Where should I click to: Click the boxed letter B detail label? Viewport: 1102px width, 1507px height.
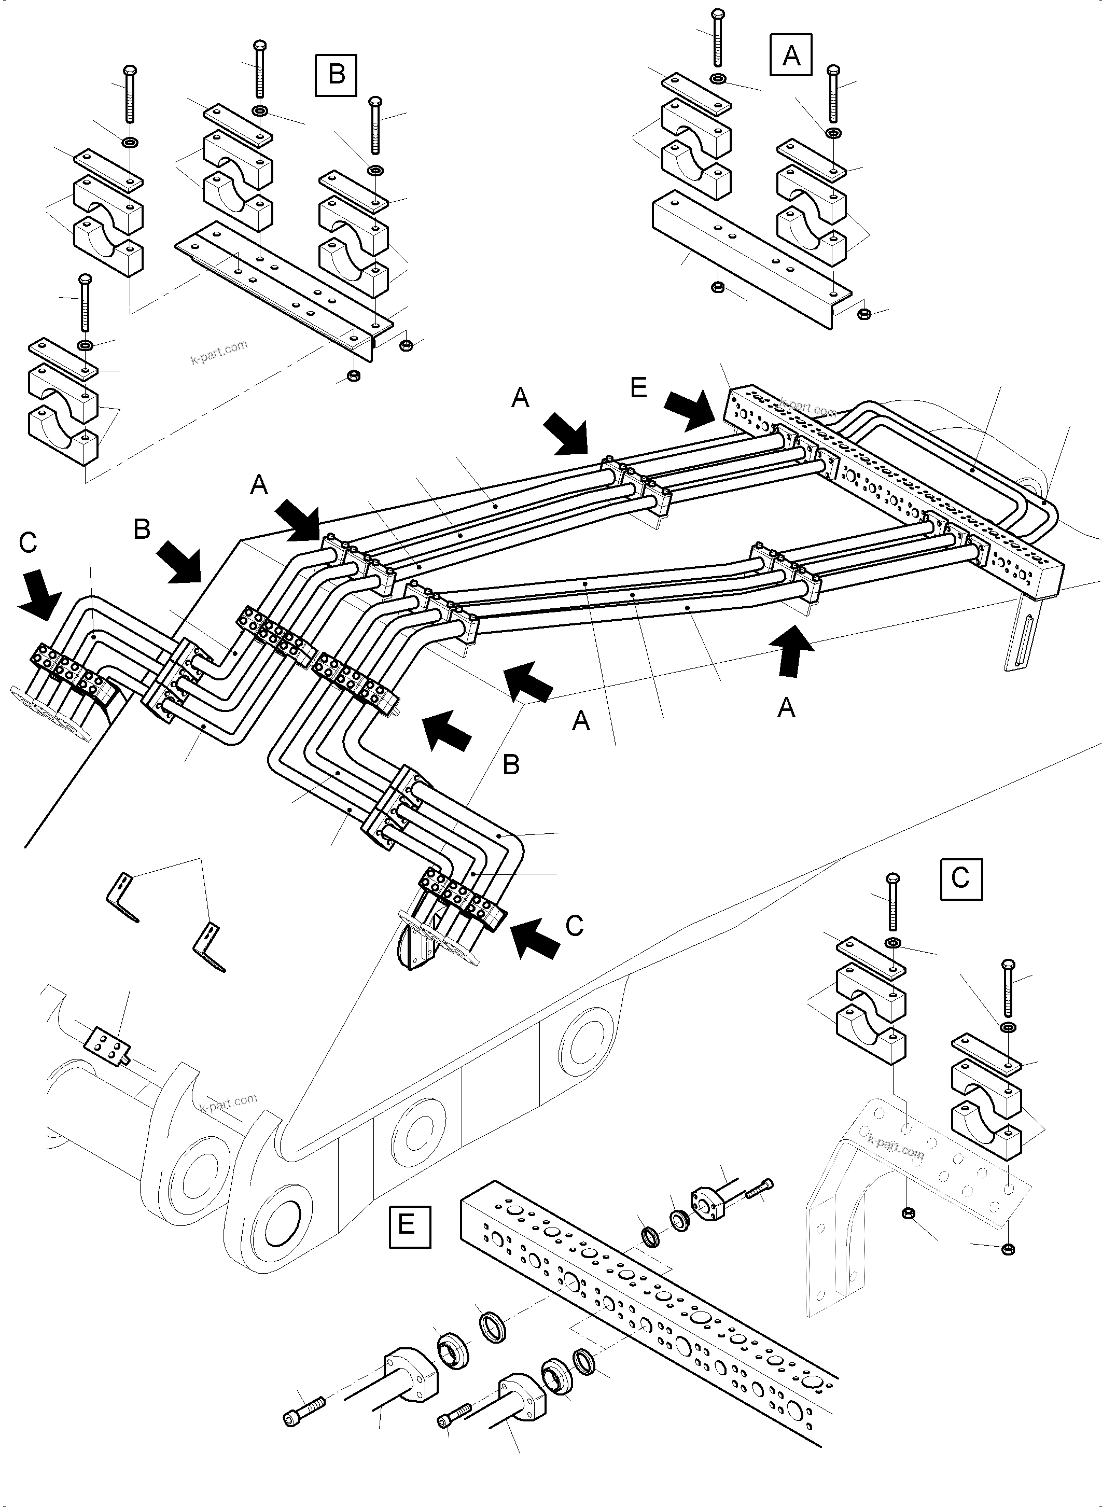[336, 75]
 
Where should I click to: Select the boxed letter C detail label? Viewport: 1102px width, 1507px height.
[960, 878]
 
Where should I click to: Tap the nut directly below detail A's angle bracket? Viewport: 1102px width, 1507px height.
[718, 287]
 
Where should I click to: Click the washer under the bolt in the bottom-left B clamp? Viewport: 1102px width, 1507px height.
[86, 345]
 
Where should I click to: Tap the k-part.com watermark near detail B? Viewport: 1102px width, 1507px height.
[218, 351]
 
